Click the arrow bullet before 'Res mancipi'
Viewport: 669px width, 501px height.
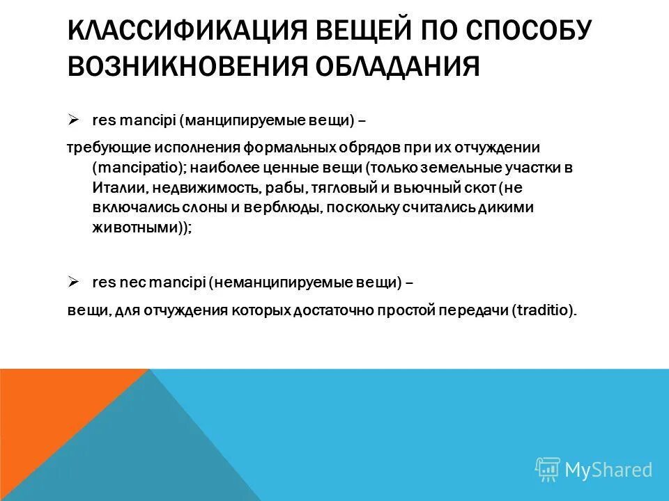73,120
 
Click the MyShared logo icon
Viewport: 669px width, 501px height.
547,470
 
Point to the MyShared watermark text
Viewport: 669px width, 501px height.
608,470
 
